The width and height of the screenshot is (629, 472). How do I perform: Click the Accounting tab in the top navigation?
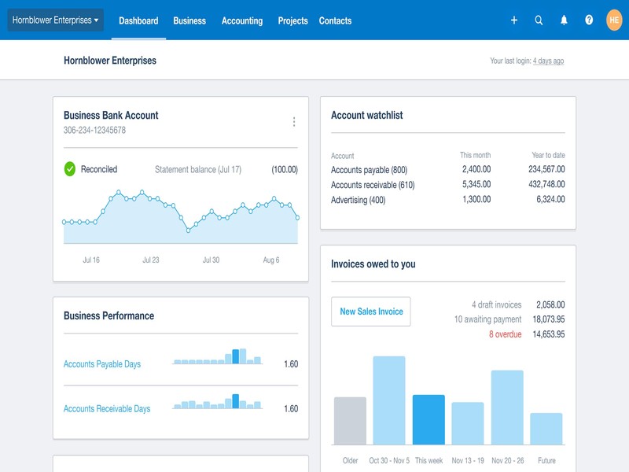[241, 20]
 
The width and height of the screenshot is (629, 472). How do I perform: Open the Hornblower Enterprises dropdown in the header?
[55, 20]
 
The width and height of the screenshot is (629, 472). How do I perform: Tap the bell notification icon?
[564, 20]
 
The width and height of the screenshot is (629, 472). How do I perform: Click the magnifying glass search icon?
[539, 20]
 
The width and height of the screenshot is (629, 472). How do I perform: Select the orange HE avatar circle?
[614, 20]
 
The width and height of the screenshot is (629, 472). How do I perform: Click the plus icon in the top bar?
[514, 20]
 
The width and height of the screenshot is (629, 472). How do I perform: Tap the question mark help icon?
[589, 20]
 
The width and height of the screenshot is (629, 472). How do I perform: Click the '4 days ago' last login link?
[548, 61]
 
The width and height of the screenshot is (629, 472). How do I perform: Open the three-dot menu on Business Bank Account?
[294, 122]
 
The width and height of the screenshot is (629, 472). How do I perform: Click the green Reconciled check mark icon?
[70, 169]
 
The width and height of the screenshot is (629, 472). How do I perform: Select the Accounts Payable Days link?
[102, 364]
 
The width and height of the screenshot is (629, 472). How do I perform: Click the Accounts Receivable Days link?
[107, 409]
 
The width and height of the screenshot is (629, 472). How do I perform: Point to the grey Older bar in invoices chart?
[350, 421]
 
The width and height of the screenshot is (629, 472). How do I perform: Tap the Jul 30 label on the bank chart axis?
[211, 260]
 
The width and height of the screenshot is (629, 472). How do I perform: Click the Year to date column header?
[548, 156]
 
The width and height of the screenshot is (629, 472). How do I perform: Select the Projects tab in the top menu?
[292, 20]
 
